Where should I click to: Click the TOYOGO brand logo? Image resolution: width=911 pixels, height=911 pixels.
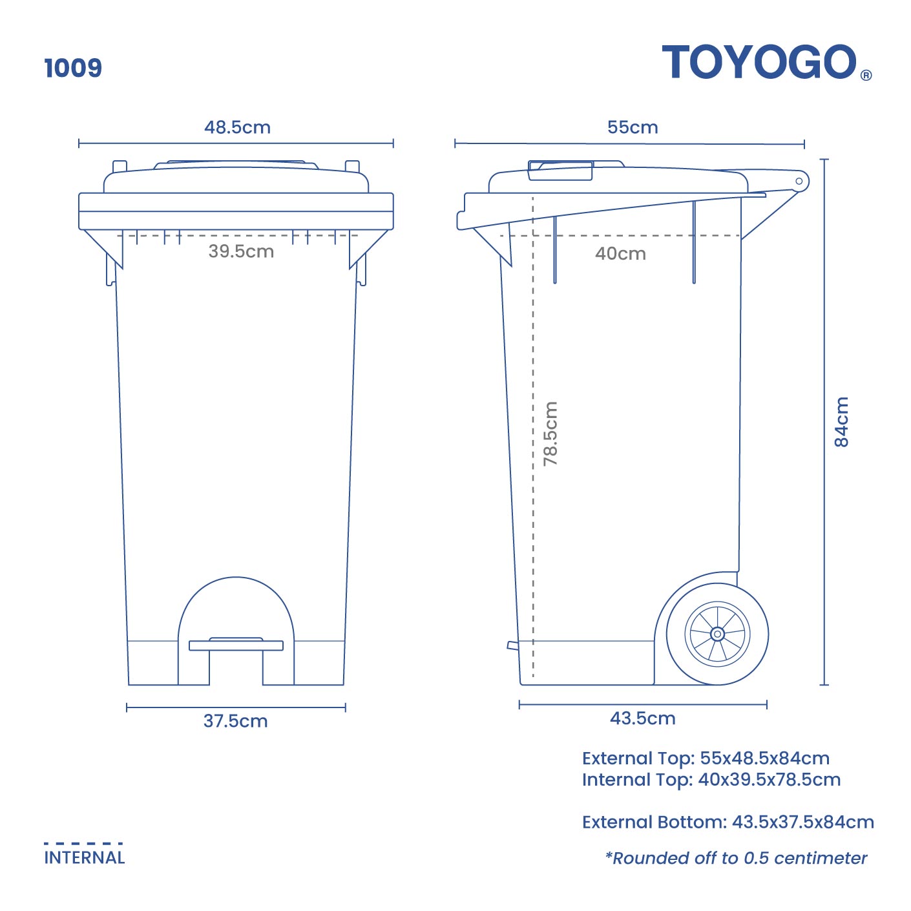(759, 63)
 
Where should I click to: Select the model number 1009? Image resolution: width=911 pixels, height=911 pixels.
(73, 68)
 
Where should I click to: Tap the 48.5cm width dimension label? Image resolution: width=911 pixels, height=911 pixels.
(237, 127)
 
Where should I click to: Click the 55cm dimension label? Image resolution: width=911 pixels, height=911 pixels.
(633, 127)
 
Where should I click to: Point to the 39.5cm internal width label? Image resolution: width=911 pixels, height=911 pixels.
(241, 251)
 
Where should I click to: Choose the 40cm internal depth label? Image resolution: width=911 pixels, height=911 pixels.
(620, 253)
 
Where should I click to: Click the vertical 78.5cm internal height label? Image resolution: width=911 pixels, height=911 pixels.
(550, 434)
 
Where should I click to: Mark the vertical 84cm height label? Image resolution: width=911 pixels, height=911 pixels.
(841, 422)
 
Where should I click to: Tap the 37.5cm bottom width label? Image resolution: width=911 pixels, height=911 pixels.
(235, 721)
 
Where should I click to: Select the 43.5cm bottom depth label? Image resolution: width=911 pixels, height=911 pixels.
(642, 718)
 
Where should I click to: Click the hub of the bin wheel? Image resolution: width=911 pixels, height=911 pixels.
(717, 634)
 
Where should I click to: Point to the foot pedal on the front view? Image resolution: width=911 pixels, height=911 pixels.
(236, 644)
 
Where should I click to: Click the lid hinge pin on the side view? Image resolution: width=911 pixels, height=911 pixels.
(799, 181)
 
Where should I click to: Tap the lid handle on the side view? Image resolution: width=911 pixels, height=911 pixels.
(560, 171)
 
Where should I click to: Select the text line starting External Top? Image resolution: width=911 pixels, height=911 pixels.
(706, 758)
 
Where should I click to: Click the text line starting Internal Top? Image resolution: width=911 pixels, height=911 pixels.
(711, 780)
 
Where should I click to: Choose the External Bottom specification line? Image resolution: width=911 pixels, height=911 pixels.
(728, 822)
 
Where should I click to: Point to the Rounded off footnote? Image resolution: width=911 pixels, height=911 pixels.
(736, 858)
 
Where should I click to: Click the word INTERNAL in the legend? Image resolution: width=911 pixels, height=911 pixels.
(85, 858)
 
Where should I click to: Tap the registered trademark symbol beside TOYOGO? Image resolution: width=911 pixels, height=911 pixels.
(866, 75)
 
